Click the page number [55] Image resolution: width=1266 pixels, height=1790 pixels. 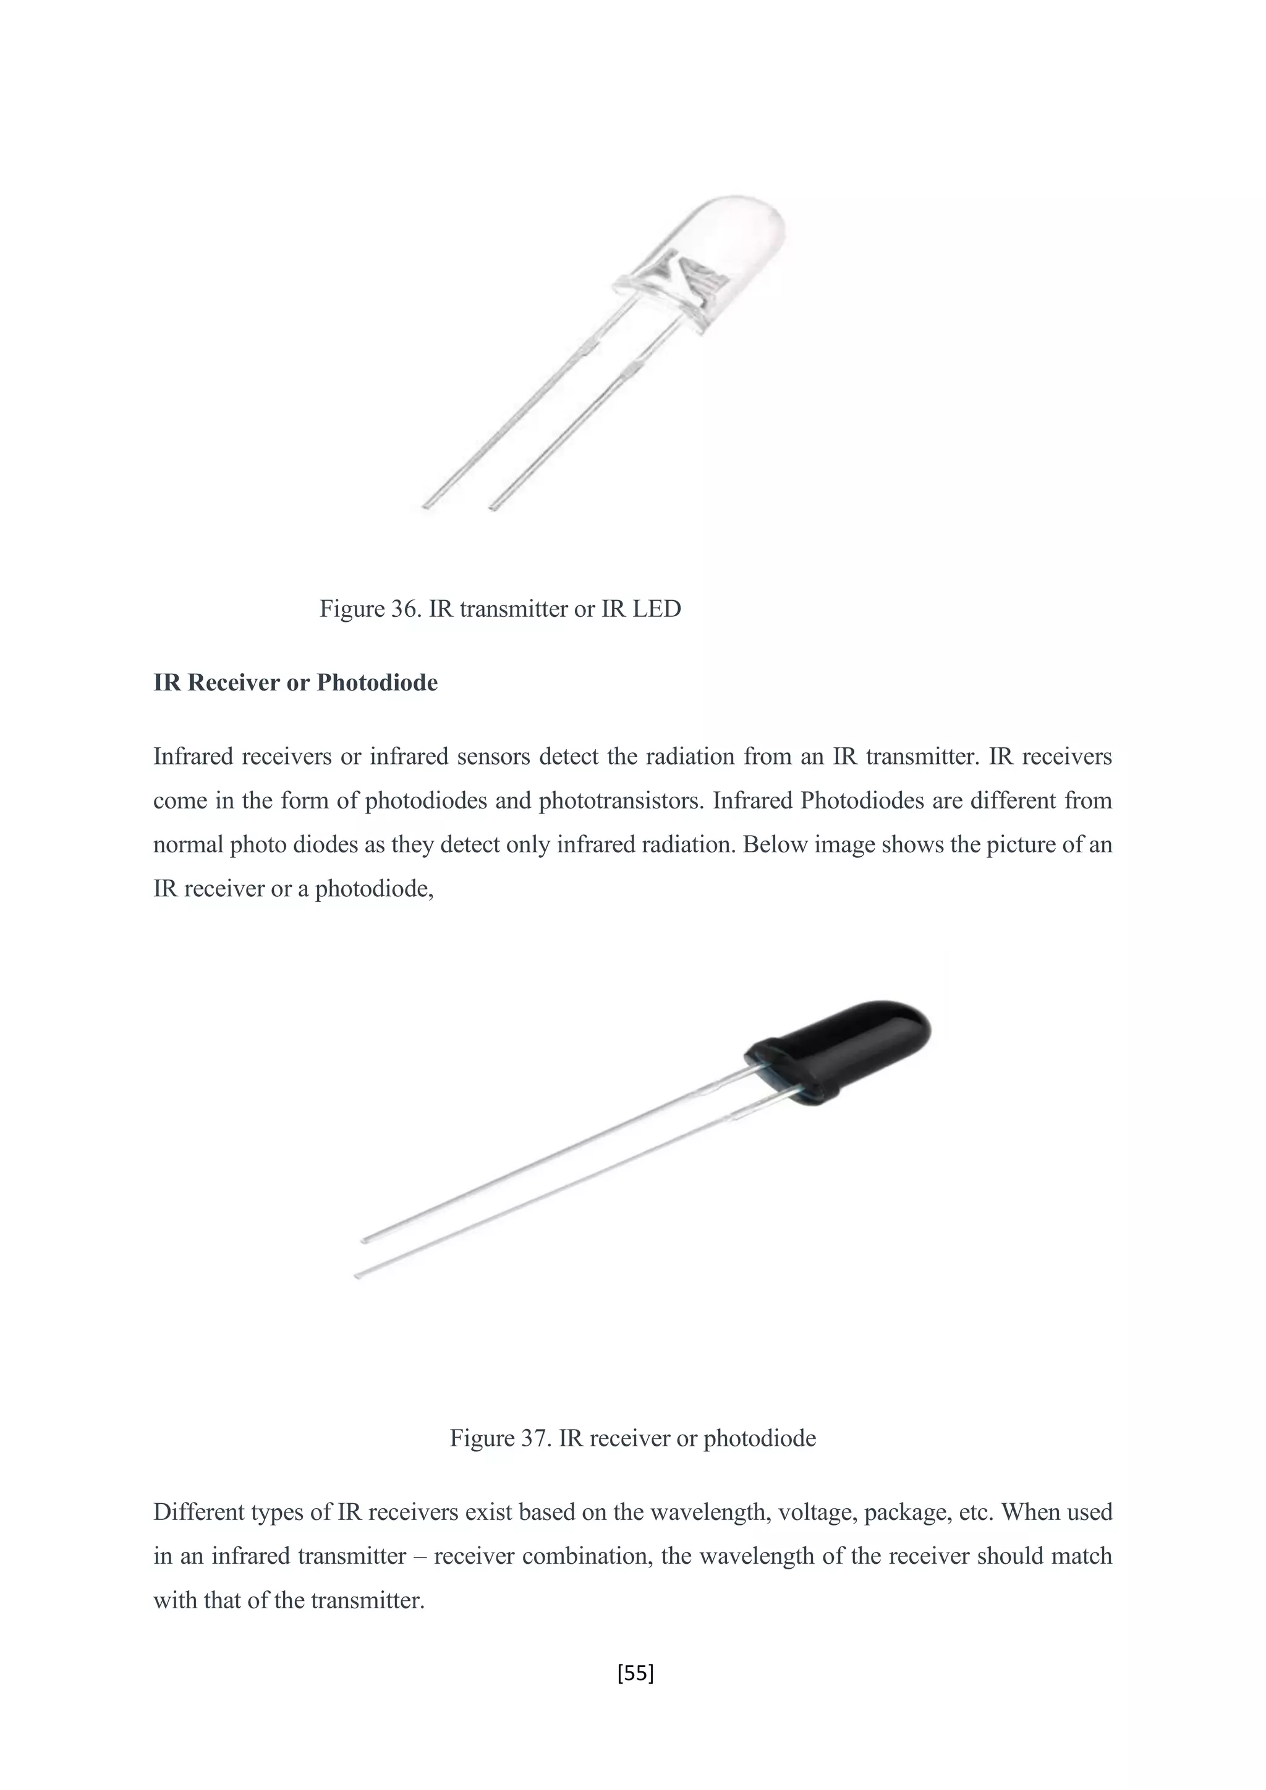[635, 1673]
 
